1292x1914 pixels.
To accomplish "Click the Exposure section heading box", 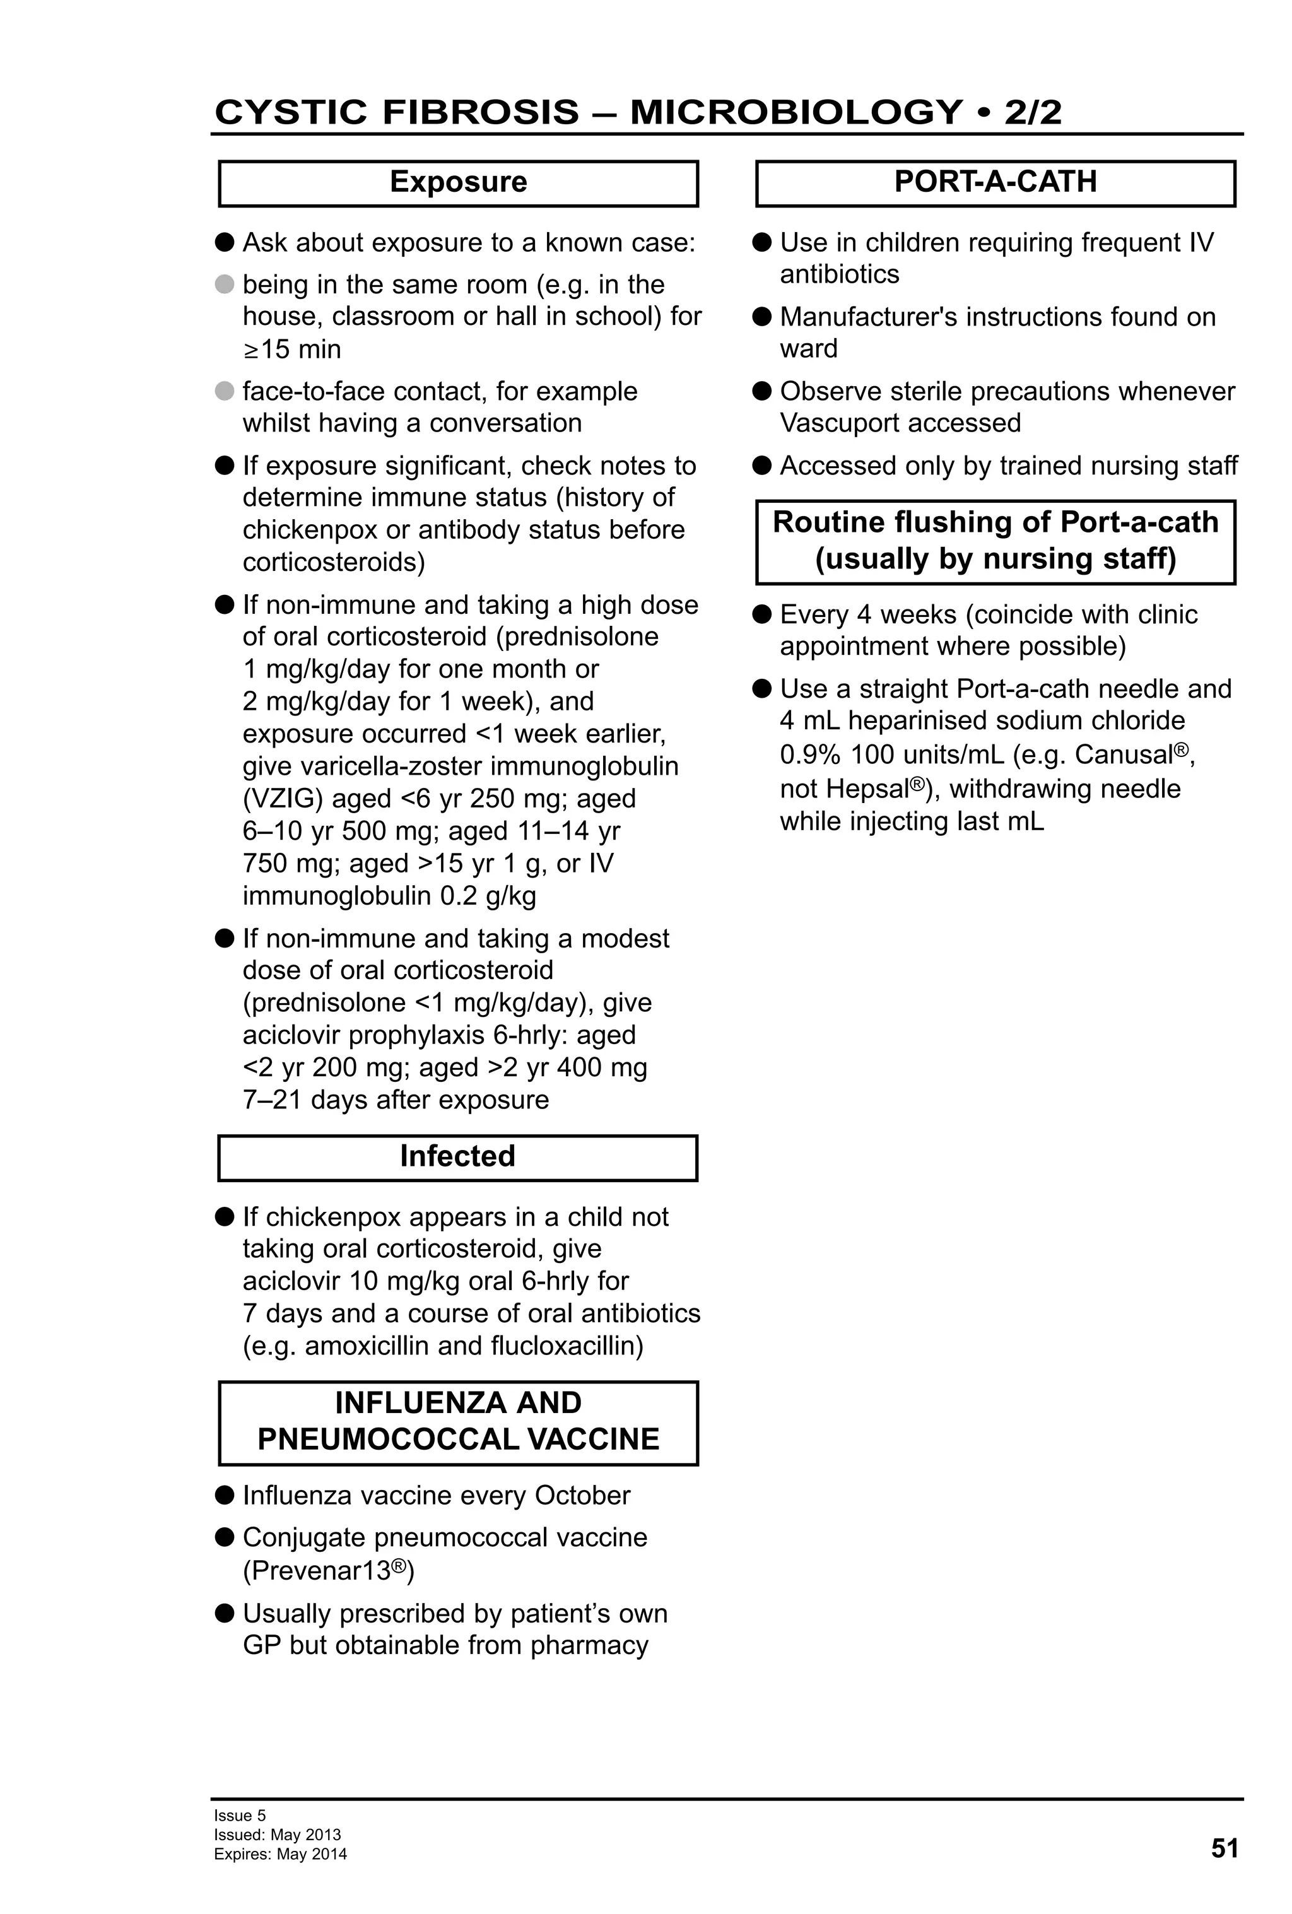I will point(458,183).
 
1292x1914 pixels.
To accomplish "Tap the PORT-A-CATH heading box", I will point(995,183).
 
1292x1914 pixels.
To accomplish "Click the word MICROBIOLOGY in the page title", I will point(796,112).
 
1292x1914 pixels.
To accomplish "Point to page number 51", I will point(1224,1848).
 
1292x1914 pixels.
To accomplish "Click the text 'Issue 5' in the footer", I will point(240,1815).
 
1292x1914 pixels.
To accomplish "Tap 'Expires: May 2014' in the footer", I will point(280,1855).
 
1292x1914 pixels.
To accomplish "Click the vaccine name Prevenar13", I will point(316,1571).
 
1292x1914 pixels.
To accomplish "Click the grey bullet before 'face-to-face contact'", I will point(224,391).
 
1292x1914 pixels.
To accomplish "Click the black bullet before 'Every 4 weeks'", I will point(761,614).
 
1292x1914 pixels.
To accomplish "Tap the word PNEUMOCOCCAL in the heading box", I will point(386,1440).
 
